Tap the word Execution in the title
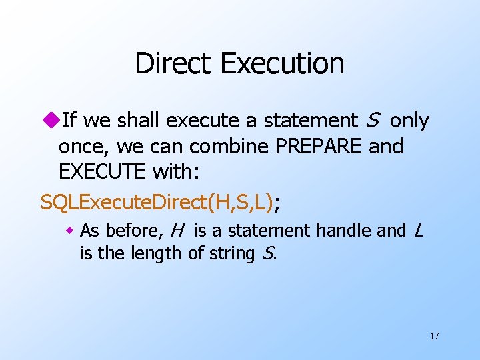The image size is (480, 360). [x=281, y=64]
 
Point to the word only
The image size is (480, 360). [x=409, y=121]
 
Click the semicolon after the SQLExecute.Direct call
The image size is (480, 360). [x=277, y=203]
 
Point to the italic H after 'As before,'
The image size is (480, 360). [x=177, y=231]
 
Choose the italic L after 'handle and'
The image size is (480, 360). [x=418, y=231]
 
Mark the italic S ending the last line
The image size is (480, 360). [x=269, y=253]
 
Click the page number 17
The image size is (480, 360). [x=434, y=336]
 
